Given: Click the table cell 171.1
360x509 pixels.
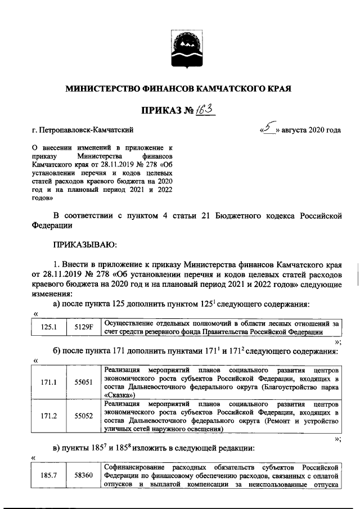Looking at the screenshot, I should (47, 382).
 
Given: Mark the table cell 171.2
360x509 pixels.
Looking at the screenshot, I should (47, 416).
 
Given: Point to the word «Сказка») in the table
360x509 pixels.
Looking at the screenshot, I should (123, 395).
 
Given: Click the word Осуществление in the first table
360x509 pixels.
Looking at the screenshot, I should (129, 323).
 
